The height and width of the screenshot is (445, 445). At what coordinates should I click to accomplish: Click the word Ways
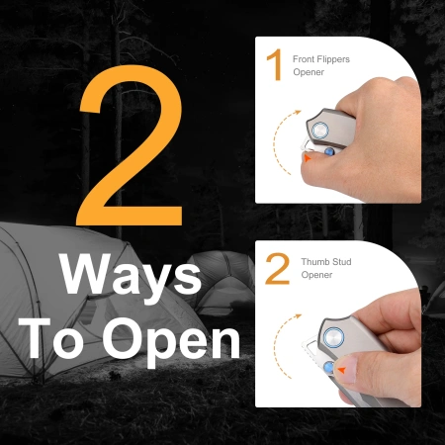(x=131, y=276)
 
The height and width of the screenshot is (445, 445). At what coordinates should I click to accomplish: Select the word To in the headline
(x=51, y=338)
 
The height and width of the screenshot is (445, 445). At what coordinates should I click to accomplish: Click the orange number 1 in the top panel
(x=274, y=64)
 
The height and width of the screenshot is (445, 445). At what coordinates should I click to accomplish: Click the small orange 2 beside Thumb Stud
(x=278, y=269)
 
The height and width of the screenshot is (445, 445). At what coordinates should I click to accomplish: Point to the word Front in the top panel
(x=303, y=59)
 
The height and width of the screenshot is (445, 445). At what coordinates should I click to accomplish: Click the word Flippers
(x=332, y=60)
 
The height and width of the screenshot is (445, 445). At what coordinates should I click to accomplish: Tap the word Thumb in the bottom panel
(x=313, y=262)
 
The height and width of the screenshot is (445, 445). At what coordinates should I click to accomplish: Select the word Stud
(x=340, y=262)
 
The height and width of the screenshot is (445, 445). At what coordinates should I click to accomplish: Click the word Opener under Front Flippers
(x=309, y=72)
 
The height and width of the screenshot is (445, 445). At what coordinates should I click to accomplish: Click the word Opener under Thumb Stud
(x=316, y=275)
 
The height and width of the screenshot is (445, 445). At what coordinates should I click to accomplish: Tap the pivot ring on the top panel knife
(x=320, y=131)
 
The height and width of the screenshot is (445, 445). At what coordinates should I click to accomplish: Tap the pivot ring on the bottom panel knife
(x=333, y=337)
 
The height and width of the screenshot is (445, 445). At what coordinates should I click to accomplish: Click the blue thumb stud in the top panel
(x=329, y=151)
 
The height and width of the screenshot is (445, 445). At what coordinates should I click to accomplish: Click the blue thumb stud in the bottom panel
(x=328, y=367)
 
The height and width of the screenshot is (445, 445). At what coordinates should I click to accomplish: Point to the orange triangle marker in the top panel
(x=308, y=158)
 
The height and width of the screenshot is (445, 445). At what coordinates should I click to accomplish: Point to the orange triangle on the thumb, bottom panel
(x=342, y=370)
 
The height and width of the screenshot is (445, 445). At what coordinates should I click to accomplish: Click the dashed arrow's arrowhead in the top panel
(x=298, y=112)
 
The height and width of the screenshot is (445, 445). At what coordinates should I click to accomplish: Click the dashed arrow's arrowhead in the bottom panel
(x=299, y=316)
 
